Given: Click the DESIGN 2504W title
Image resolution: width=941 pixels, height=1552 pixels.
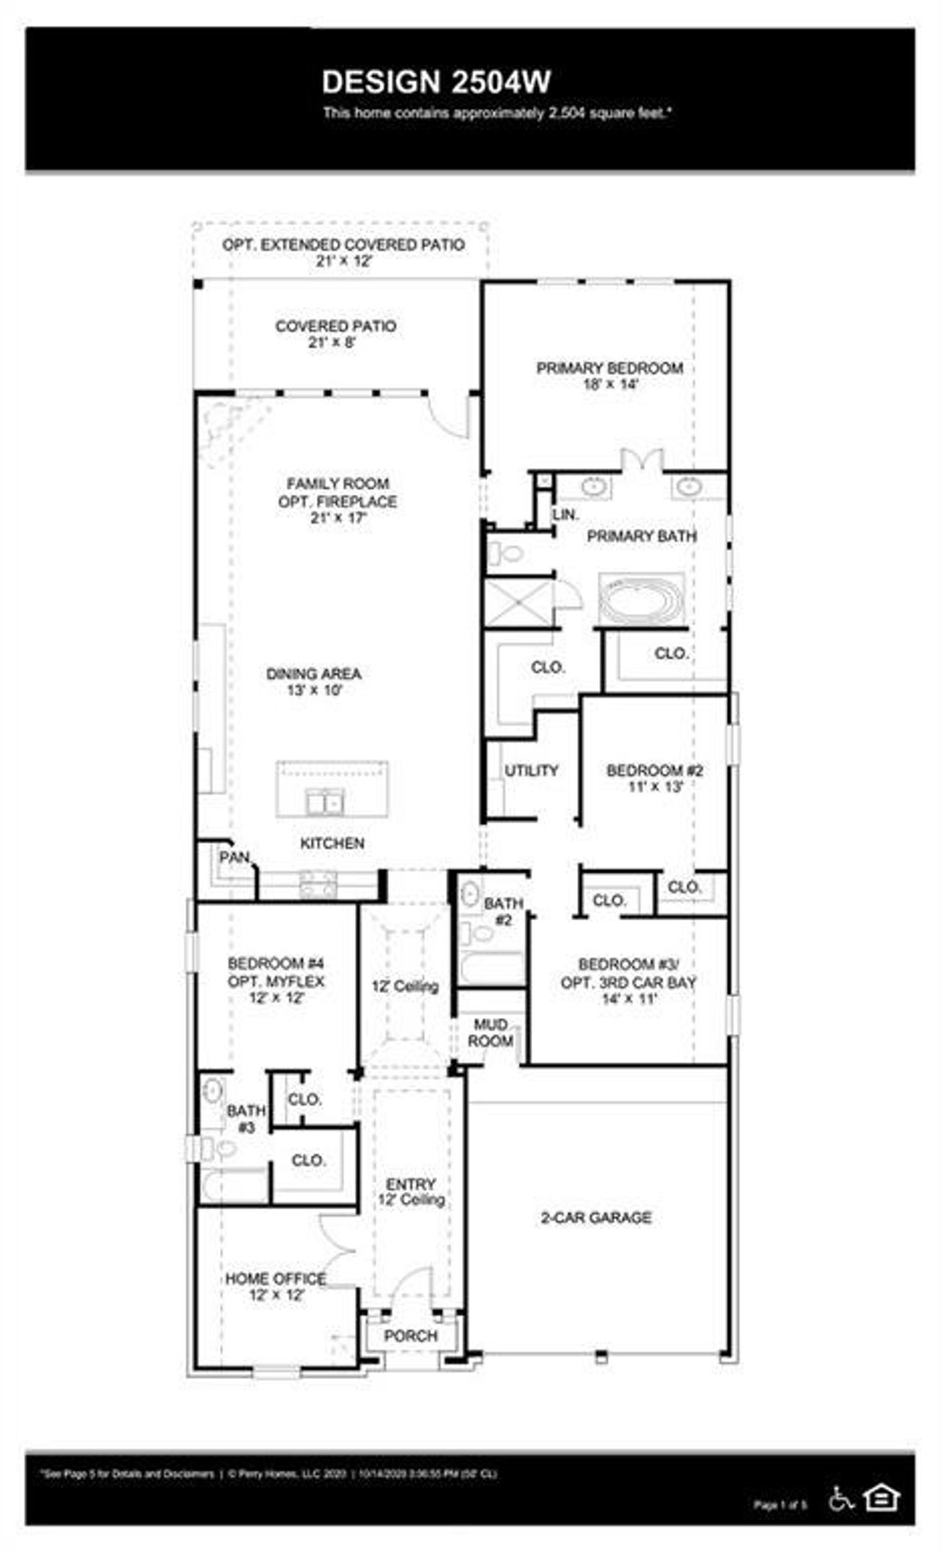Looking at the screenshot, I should [436, 82].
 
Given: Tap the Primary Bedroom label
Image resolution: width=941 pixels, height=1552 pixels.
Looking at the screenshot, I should [609, 368].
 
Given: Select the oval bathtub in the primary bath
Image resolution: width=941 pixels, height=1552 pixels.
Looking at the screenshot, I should [641, 600].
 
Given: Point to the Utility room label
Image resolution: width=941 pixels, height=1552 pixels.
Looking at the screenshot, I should [531, 770].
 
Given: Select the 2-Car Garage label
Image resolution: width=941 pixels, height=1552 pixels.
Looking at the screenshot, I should [596, 1217].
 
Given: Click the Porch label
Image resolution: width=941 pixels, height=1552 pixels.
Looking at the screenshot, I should [410, 1336].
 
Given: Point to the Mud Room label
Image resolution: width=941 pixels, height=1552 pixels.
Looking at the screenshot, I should [490, 1033].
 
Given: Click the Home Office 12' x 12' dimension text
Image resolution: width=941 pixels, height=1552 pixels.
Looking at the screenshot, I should [276, 1295].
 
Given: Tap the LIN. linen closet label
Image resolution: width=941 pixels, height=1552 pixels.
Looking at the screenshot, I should [565, 515].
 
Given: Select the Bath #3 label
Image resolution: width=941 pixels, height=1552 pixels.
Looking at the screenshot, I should [246, 1118].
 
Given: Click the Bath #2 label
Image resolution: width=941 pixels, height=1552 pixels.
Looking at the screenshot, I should [504, 911].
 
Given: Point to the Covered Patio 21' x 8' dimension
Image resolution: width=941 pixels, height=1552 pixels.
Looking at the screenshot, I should [332, 343].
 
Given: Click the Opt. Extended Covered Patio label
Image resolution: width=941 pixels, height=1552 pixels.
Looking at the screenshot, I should [343, 244].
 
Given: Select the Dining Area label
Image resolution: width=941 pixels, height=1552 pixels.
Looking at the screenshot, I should [314, 674].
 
